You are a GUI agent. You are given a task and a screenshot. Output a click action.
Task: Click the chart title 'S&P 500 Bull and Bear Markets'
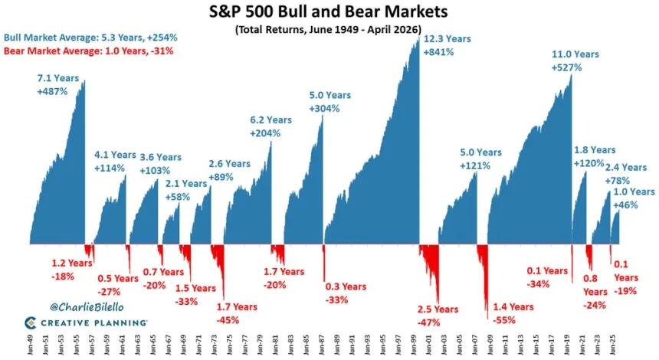click(329, 12)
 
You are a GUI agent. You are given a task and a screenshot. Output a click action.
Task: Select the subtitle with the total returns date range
click(329, 30)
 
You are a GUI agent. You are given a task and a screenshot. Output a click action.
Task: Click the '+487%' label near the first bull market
click(53, 91)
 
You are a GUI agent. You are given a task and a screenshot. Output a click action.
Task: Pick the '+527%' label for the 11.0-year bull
click(566, 67)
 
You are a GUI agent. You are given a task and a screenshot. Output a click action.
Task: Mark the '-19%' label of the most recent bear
click(625, 291)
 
